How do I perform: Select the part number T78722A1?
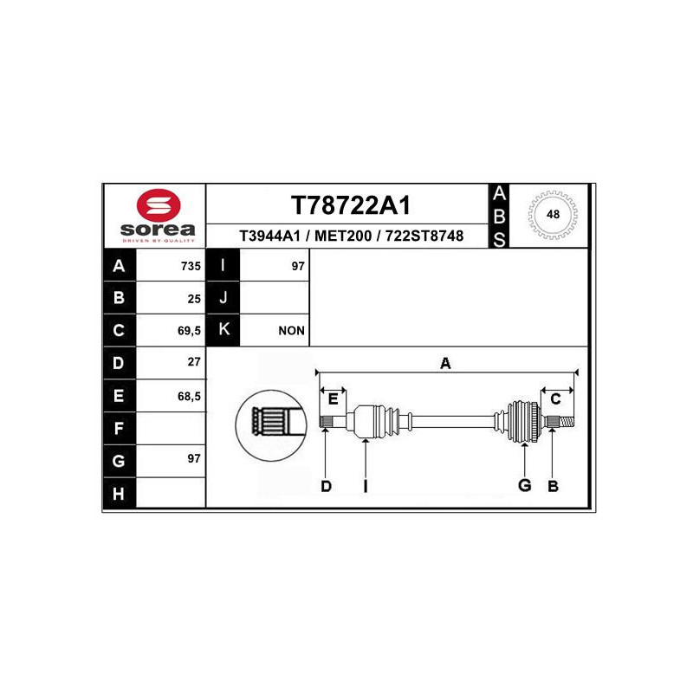click(350, 206)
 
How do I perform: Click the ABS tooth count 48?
click(552, 214)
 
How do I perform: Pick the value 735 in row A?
click(191, 267)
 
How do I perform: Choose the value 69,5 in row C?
click(187, 331)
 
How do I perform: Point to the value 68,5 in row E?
click(187, 396)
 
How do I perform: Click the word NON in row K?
click(292, 331)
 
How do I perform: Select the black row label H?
click(119, 494)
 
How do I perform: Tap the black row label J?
click(223, 298)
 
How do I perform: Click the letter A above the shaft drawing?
click(445, 364)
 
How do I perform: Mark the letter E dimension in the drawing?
click(333, 398)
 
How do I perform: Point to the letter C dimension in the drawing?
click(556, 398)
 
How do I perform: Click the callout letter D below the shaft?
click(326, 487)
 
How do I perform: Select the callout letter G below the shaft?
click(524, 486)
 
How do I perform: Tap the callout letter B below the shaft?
click(553, 487)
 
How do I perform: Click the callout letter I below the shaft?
click(366, 487)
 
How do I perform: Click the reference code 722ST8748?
click(424, 236)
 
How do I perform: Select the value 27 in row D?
click(194, 363)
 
